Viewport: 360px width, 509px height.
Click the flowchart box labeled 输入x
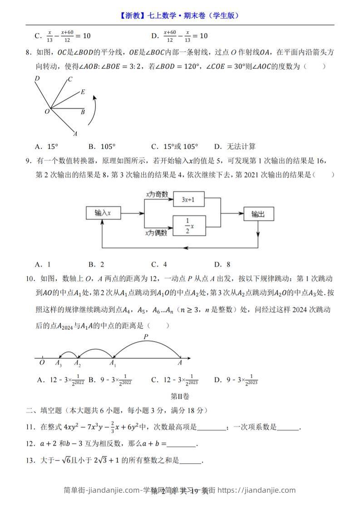click(104, 213)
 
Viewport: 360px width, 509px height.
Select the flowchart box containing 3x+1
click(189, 199)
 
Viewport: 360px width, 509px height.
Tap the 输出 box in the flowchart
click(258, 214)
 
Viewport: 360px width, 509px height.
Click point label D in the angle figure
click(37, 78)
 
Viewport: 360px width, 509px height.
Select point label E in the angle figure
click(83, 92)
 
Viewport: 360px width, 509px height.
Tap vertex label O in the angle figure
click(47, 111)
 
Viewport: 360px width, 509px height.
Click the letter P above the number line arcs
click(146, 337)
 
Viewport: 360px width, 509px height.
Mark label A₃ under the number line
click(58, 363)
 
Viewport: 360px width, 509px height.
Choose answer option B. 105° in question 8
click(102, 147)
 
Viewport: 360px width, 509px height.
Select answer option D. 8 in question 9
click(222, 264)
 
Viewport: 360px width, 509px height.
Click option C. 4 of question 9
click(159, 264)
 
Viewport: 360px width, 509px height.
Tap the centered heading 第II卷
click(180, 396)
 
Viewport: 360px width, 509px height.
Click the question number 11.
click(30, 426)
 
